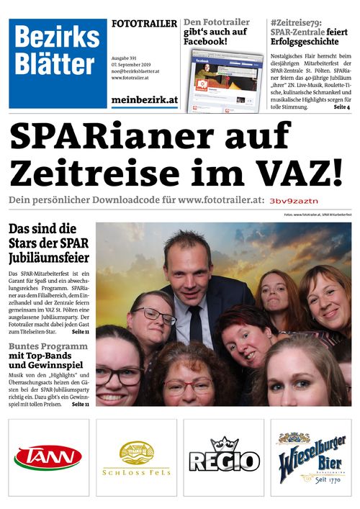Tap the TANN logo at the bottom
[48, 457]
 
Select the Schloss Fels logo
[136, 459]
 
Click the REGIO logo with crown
[223, 457]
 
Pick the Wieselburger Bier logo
[311, 457]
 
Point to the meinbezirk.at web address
[144, 100]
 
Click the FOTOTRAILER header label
[144, 24]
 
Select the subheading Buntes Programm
[48, 347]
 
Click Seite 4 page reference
[339, 107]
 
